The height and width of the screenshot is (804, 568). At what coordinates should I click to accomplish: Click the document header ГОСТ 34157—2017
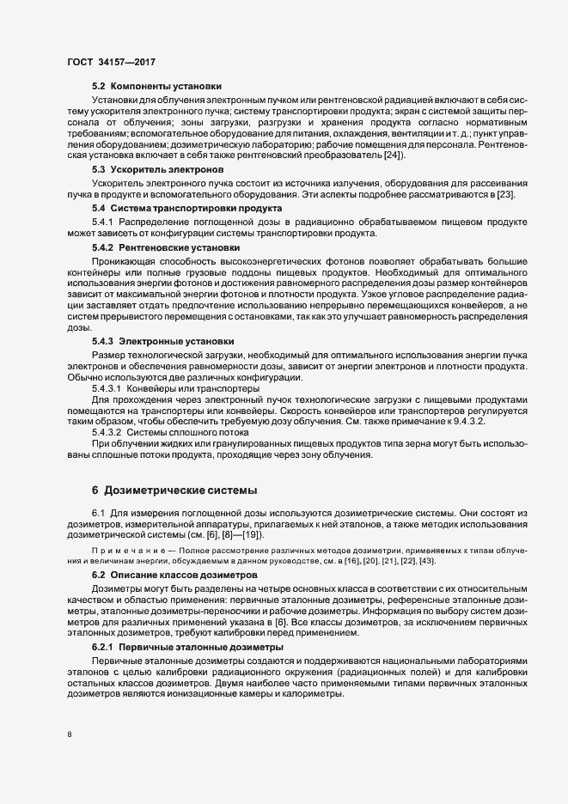pyautogui.click(x=111, y=62)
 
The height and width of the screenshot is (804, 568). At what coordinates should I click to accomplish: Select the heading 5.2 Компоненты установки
pyautogui.click(x=156, y=87)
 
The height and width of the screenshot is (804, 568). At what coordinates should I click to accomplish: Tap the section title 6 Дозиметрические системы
pyautogui.click(x=174, y=490)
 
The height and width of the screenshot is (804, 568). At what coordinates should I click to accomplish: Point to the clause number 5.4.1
pyautogui.click(x=102, y=222)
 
